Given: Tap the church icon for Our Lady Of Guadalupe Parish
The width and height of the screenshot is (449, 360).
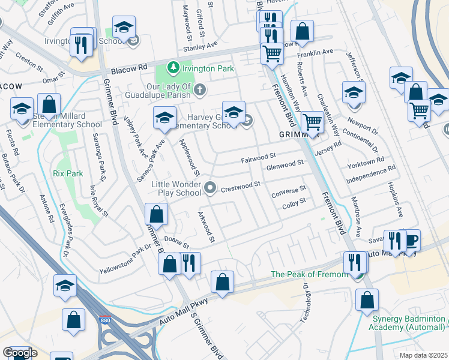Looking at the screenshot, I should [x=200, y=89].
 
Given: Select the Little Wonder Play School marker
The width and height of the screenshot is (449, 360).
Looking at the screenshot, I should [x=209, y=188].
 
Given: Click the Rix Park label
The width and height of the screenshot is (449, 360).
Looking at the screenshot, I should [x=67, y=173].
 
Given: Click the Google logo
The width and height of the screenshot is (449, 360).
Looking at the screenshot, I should [x=20, y=353].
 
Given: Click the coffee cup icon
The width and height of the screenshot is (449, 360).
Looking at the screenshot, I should [x=411, y=239].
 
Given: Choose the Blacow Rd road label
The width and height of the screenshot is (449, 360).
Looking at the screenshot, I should [x=134, y=67].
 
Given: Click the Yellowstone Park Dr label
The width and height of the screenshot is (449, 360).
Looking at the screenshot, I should [x=125, y=259].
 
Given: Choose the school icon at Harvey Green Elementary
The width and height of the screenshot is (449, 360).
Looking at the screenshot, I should [x=234, y=111].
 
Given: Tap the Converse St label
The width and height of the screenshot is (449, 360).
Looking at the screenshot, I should [x=289, y=192].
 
